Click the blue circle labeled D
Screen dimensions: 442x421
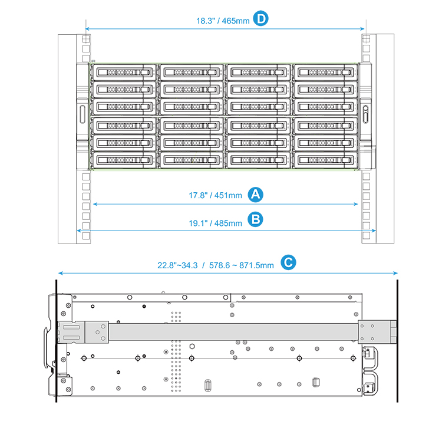[x=260, y=19]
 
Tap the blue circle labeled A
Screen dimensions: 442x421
[x=255, y=195]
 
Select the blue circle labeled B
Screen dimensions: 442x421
[x=255, y=220]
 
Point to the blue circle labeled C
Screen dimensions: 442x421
[x=288, y=262]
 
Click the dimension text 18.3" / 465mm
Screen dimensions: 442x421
[x=223, y=21]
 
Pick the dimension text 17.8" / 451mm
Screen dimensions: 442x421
[x=215, y=195]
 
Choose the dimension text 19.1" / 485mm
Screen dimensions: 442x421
[x=215, y=223]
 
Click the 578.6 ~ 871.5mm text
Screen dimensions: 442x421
[x=241, y=265]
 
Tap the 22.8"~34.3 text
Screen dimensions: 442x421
[x=177, y=265]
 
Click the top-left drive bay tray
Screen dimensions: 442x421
[x=124, y=73]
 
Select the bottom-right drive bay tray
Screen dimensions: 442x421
[x=325, y=160]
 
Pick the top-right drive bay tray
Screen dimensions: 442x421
[x=325, y=73]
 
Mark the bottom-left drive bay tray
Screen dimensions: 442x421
[x=124, y=160]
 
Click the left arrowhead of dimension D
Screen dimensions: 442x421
[x=87, y=29]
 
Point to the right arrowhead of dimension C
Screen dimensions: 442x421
[x=395, y=273]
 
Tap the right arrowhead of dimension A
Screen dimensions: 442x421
[x=356, y=204]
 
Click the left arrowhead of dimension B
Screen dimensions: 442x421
[x=79, y=231]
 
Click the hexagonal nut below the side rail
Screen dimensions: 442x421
[x=192, y=346]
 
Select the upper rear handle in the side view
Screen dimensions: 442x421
[x=371, y=357]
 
